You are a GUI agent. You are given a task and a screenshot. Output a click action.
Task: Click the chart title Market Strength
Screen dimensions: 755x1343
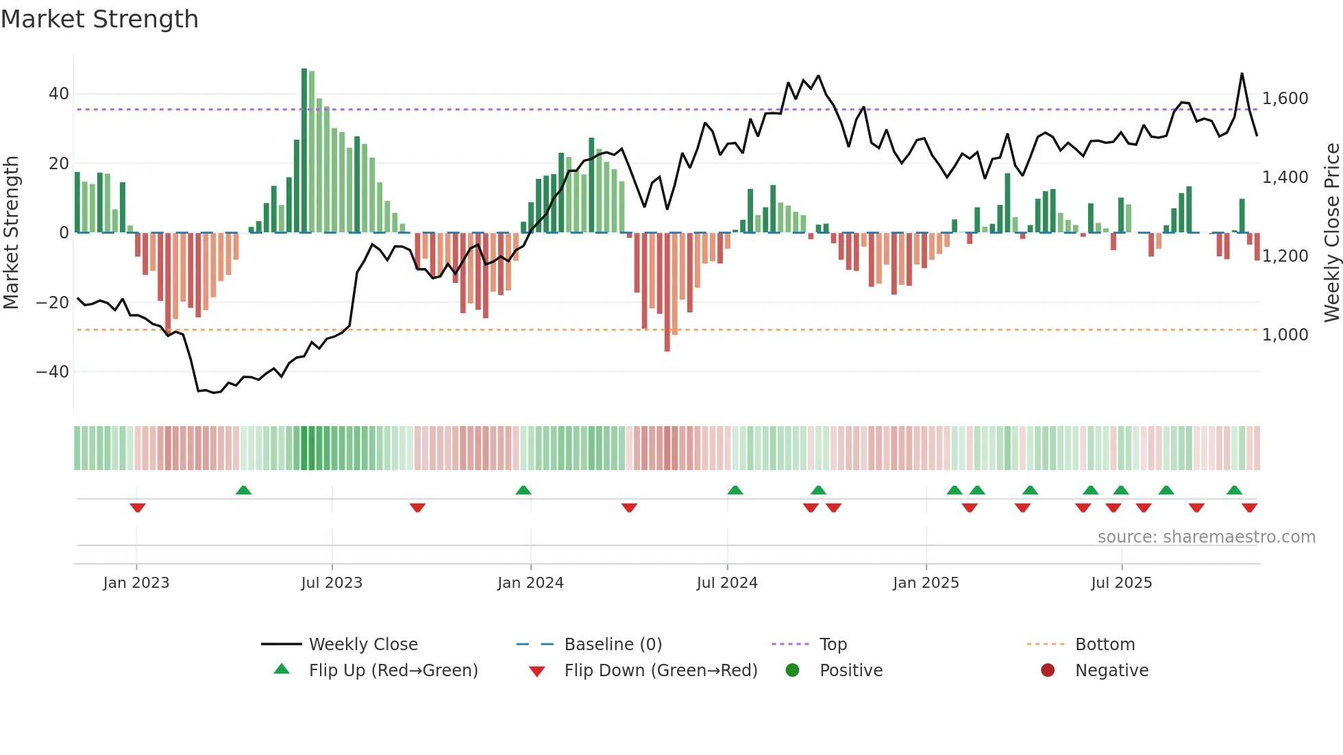100,19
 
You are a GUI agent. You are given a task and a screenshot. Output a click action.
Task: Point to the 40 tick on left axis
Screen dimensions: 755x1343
58,94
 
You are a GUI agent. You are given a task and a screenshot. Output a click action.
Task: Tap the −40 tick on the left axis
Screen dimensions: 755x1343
53,372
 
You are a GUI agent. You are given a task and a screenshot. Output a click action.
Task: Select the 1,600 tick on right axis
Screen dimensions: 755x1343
1285,99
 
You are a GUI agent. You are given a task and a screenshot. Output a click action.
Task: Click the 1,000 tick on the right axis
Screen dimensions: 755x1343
1285,335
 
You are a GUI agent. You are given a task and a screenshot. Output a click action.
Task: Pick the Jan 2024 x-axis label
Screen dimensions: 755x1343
530,583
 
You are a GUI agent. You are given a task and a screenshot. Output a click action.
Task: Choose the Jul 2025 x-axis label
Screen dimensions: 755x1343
1121,583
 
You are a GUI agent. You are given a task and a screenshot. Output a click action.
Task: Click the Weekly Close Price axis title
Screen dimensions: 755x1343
1331,233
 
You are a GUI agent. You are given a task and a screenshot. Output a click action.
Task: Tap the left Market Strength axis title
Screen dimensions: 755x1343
11,233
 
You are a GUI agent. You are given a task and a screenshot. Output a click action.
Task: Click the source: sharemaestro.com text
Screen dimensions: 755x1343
1206,537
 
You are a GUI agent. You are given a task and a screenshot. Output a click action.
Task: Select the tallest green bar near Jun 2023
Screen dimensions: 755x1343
304,151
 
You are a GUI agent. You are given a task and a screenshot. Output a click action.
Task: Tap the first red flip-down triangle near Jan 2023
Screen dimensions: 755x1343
138,508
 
